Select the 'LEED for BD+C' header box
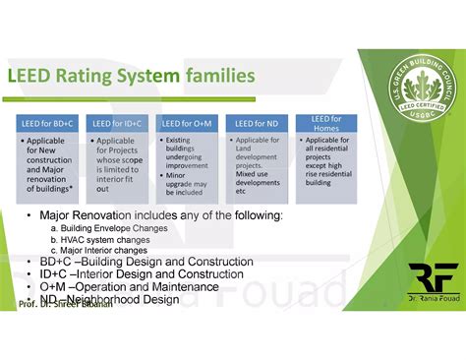[48, 123]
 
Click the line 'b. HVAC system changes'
[98, 239]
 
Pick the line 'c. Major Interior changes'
[99, 250]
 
